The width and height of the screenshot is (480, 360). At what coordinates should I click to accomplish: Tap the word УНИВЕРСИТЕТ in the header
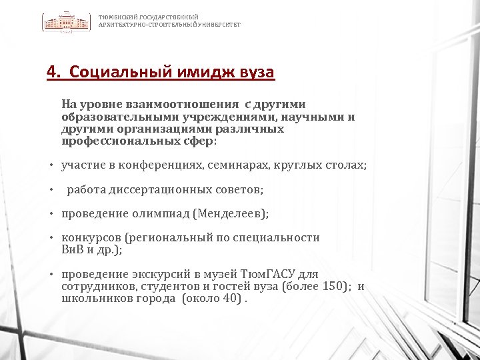click(x=217, y=24)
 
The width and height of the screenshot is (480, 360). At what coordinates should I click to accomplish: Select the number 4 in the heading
click(x=52, y=72)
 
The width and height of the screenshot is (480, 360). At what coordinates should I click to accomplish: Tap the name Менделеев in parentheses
click(x=230, y=214)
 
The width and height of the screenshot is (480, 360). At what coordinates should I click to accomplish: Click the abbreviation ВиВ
click(x=71, y=250)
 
